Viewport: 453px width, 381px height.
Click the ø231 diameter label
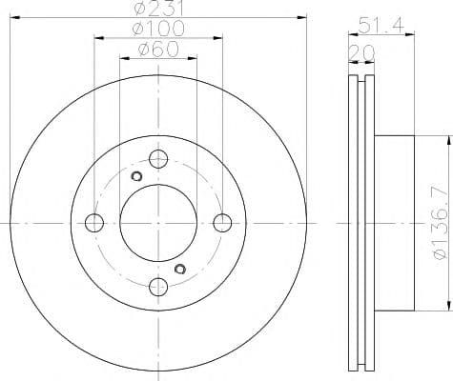(x=158, y=8)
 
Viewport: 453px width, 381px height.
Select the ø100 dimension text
(x=158, y=29)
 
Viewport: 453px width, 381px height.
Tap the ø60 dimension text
(x=158, y=50)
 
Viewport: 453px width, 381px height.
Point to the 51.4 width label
(x=381, y=25)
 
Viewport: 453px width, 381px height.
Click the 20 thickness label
(x=361, y=52)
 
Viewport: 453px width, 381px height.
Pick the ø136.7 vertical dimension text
(x=441, y=224)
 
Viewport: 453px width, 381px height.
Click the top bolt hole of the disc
(x=158, y=159)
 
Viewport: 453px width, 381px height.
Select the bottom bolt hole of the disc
(x=158, y=287)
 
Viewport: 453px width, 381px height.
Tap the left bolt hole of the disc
(x=94, y=223)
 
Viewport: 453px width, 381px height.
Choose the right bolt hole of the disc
(x=222, y=223)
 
